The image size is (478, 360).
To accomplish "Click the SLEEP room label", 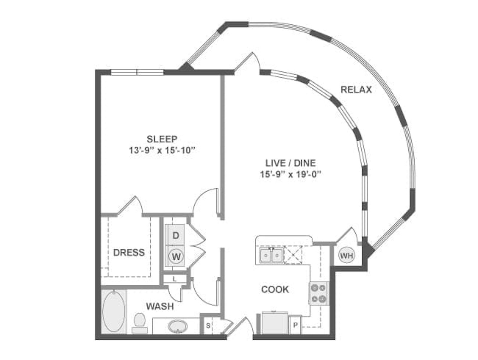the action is (x=162, y=139).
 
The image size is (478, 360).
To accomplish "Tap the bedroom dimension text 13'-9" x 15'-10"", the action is (x=161, y=150).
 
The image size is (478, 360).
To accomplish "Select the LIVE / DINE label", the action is (x=290, y=163).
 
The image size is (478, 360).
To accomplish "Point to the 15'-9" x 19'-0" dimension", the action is (x=291, y=174).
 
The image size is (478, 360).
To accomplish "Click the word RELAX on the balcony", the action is (x=356, y=90).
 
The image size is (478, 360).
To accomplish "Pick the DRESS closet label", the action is (x=129, y=252).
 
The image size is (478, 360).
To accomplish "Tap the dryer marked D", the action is (x=176, y=235).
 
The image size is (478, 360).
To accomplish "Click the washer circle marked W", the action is (x=176, y=257).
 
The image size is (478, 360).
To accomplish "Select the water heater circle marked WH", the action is (x=347, y=255).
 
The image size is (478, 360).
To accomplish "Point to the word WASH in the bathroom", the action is (x=160, y=307).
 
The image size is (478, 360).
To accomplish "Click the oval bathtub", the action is (x=114, y=311).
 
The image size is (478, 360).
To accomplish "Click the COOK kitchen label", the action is (x=275, y=290).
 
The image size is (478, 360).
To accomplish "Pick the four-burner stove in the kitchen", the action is (x=318, y=293).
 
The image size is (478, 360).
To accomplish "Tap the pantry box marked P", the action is (x=295, y=325).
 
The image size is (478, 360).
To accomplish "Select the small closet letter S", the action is (x=209, y=326).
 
